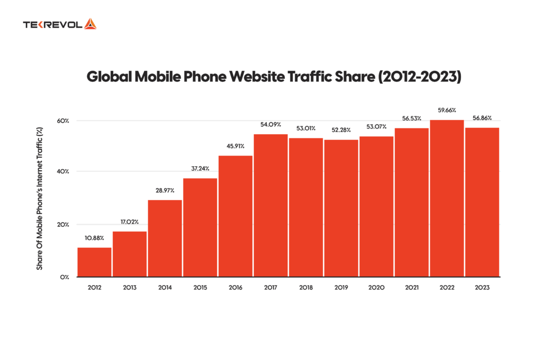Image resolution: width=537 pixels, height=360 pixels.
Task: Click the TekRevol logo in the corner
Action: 59,24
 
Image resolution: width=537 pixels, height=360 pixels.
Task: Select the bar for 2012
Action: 94,262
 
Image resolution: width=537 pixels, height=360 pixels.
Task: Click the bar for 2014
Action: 165,238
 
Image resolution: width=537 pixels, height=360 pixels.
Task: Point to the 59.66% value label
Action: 446,111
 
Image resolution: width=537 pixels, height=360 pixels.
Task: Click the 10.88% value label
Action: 94,238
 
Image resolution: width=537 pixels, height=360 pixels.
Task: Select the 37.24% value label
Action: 200,169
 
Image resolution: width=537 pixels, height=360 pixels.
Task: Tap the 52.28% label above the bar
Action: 341,130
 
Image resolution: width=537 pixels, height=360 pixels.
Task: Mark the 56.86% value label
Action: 481,118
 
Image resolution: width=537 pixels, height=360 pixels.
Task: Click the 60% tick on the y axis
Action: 63,121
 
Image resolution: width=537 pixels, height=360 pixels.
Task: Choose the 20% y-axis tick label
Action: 63,225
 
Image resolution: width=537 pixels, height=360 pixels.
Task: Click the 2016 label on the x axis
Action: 235,288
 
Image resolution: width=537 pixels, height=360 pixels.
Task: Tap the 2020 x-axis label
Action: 376,288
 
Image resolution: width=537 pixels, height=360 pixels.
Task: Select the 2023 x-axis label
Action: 481,288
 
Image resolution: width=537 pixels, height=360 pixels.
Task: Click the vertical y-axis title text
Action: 39,199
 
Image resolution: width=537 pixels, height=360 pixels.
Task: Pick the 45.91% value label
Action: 235,146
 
